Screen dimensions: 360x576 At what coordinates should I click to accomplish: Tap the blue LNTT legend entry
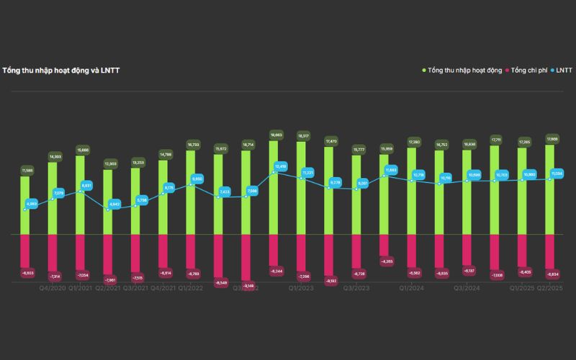pos(562,70)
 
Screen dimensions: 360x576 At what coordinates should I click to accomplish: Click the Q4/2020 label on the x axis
pos(53,288)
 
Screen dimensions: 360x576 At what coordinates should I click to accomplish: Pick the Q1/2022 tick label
pos(191,288)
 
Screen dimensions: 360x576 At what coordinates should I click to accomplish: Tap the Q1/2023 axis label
pos(301,288)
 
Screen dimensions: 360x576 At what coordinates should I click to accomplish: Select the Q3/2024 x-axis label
pos(467,288)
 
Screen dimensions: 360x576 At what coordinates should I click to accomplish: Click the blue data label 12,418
pos(281,167)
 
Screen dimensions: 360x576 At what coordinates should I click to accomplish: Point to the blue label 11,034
pos(557,174)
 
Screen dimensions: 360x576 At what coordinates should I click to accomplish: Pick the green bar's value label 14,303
pos(55,156)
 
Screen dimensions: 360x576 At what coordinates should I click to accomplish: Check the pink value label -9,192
pos(330,281)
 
